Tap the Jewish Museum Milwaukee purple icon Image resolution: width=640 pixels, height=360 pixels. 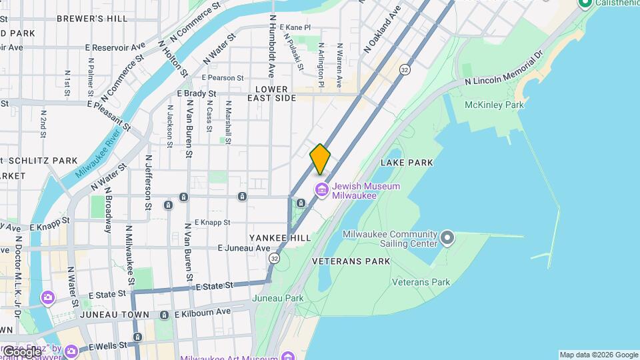pyautogui.click(x=323, y=191)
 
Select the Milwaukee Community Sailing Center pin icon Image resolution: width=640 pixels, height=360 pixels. pyautogui.click(x=447, y=238)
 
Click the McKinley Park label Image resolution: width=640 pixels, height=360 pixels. pyautogui.click(x=495, y=105)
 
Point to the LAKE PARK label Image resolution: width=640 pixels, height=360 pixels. pyautogui.click(x=407, y=163)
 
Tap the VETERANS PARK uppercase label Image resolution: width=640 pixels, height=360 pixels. pyautogui.click(x=351, y=261)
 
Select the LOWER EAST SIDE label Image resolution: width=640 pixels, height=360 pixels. pyautogui.click(x=271, y=93)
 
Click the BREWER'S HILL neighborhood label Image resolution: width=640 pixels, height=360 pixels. pyautogui.click(x=92, y=19)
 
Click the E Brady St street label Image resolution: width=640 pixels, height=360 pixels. pyautogui.click(x=197, y=94)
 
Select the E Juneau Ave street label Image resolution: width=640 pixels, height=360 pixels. pyautogui.click(x=244, y=248)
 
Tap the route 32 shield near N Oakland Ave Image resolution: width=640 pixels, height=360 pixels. pyautogui.click(x=404, y=69)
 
